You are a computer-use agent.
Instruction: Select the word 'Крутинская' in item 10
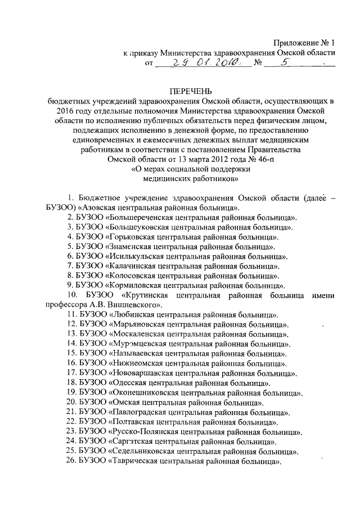click(145, 295)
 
